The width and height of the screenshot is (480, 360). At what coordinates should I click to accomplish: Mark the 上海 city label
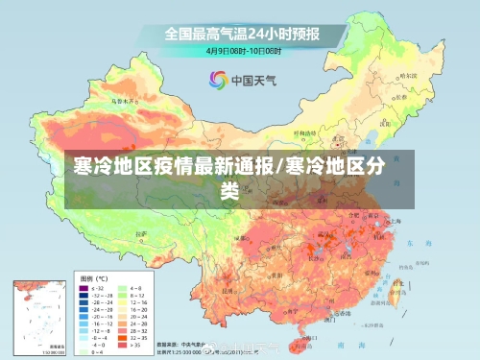(395, 221)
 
